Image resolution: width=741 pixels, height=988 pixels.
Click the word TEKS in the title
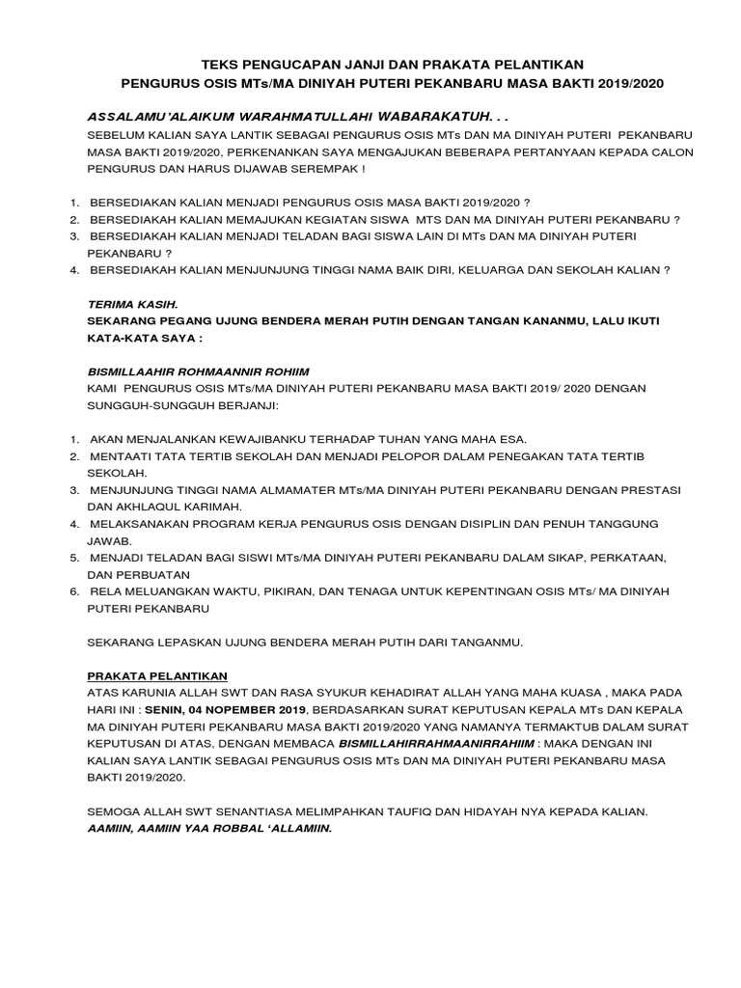coord(219,64)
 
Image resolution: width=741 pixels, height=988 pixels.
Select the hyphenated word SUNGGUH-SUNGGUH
coord(151,405)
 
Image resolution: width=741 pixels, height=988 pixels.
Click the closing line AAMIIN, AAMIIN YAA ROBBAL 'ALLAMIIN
coord(209,828)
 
